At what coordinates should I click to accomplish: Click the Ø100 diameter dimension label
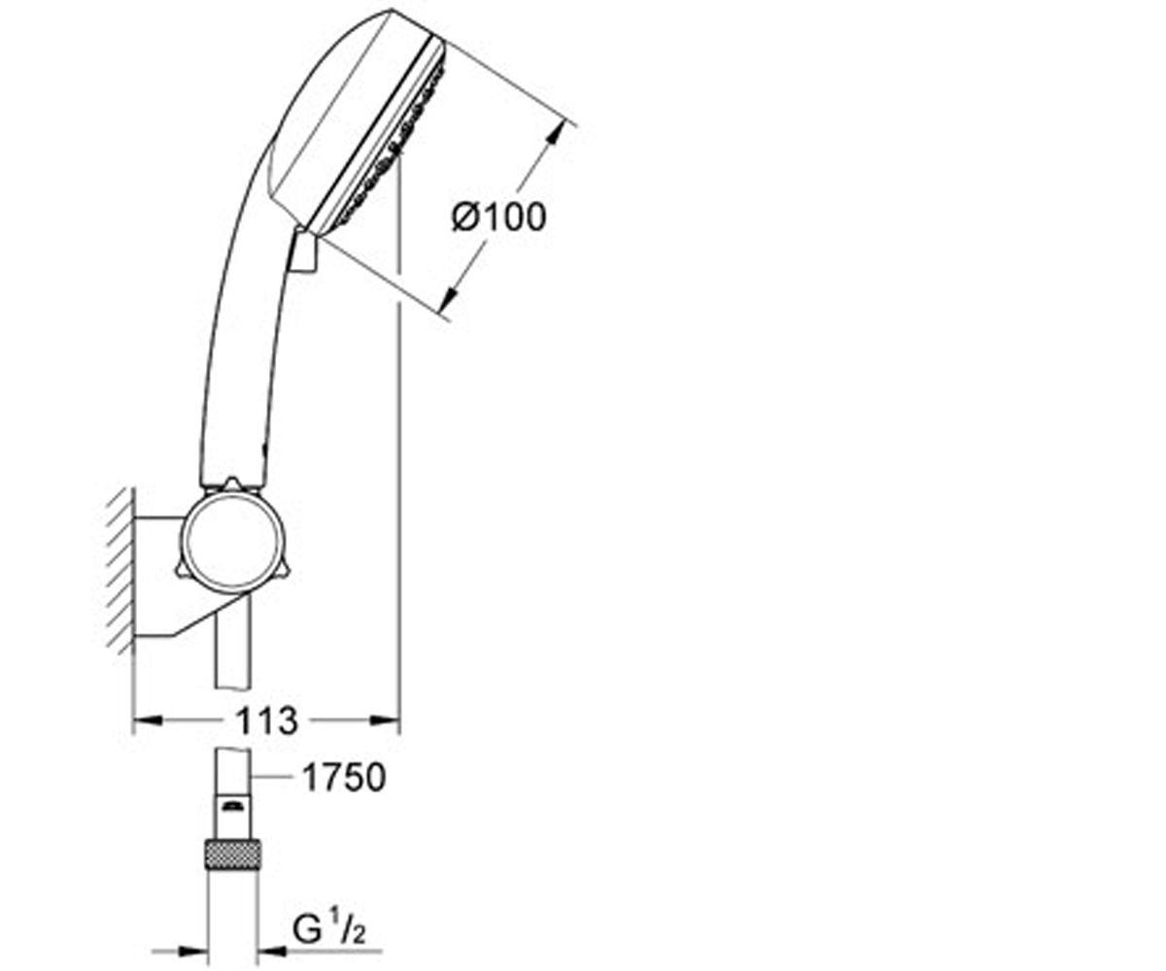(x=498, y=217)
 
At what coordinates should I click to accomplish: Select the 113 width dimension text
(x=267, y=720)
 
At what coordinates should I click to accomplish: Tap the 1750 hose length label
(x=344, y=778)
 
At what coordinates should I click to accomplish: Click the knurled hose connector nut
(x=233, y=854)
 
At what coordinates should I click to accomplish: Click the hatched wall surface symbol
(x=121, y=570)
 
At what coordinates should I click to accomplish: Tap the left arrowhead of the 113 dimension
(x=148, y=720)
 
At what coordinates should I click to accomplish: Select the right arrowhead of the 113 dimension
(x=386, y=720)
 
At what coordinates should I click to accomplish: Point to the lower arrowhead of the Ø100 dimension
(x=451, y=297)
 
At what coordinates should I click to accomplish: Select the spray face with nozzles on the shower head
(x=391, y=134)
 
